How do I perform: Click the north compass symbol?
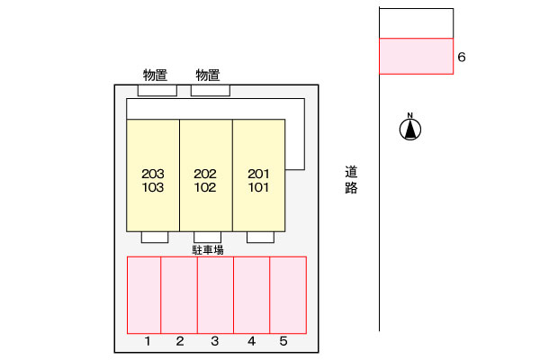point(410,130)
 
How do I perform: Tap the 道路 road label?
point(351,179)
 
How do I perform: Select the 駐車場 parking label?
point(207,248)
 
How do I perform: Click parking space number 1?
point(144,294)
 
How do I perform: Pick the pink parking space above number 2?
point(179,294)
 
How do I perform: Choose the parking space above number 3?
point(215,294)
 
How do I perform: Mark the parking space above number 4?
point(252,294)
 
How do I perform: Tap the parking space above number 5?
point(288,294)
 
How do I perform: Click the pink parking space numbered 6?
point(416,56)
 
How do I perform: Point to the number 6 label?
point(462,58)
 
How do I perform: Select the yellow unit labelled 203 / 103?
point(153,175)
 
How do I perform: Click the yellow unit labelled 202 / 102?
point(206,175)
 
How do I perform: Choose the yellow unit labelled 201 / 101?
point(259,175)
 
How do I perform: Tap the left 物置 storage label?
point(156,75)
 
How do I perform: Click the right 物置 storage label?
point(208,75)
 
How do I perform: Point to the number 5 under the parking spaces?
point(283,341)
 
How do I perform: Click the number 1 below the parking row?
point(147,341)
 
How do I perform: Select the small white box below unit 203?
point(155,238)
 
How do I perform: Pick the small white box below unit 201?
point(260,238)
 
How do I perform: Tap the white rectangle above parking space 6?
point(416,23)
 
